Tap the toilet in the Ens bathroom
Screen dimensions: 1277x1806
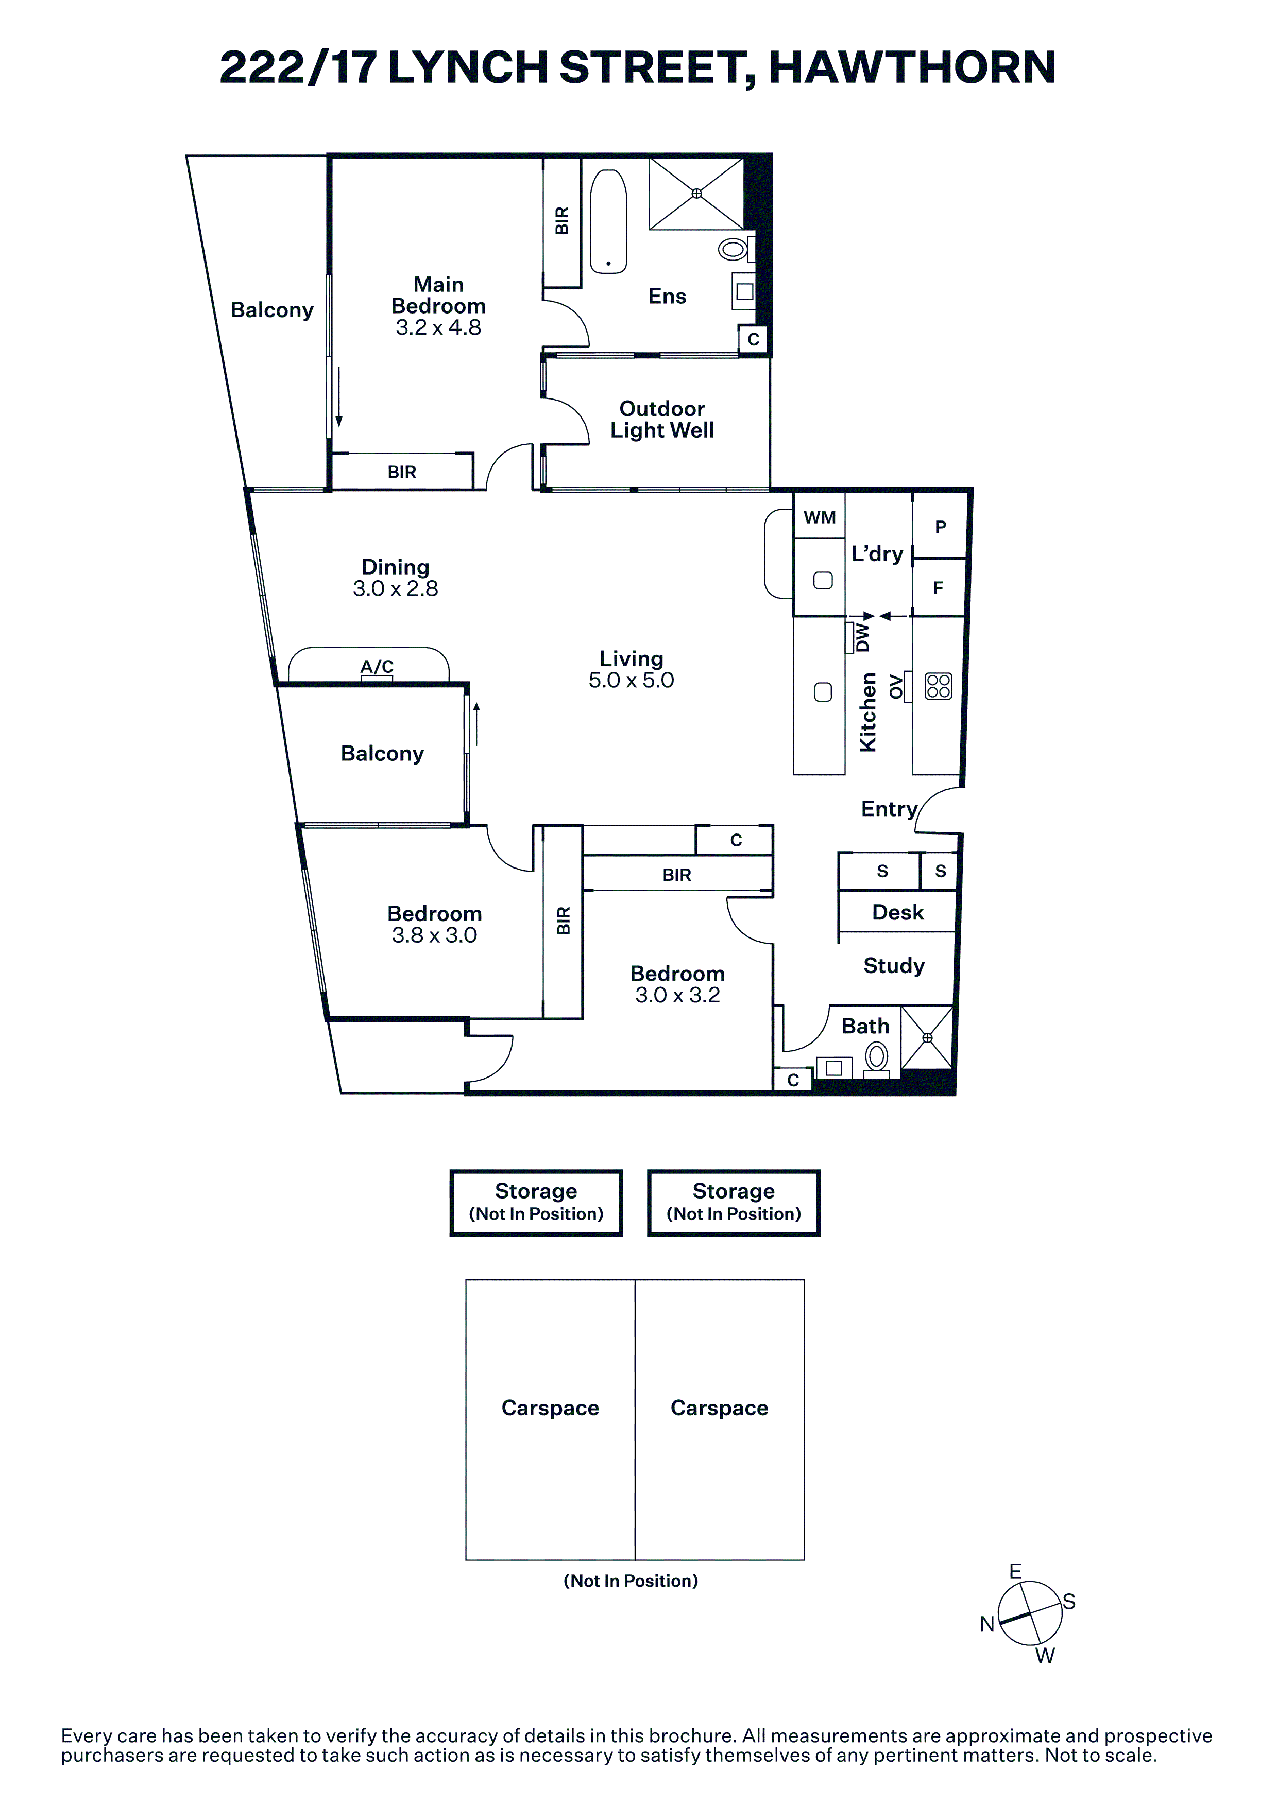736,249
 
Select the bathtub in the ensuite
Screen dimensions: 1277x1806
608,222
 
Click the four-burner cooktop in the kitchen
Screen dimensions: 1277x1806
938,685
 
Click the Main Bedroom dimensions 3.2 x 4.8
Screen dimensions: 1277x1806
438,327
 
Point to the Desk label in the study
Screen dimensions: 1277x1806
898,912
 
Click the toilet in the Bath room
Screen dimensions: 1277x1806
877,1058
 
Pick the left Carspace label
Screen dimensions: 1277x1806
550,1407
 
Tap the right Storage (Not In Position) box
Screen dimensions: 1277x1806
734,1203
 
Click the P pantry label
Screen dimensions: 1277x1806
940,527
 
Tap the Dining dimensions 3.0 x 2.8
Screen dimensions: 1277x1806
395,588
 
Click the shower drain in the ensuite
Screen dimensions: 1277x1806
696,194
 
